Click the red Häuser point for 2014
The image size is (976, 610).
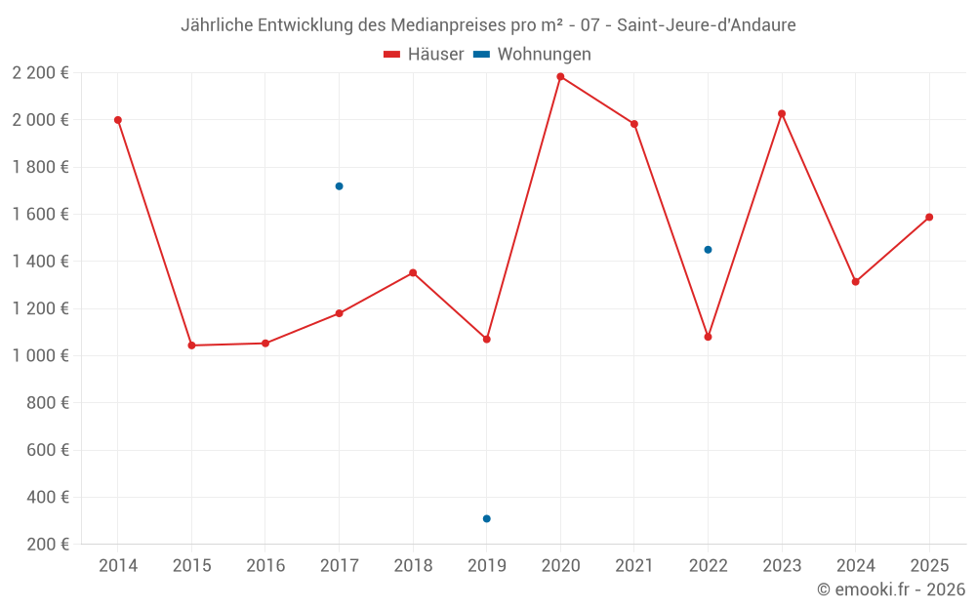pos(118,120)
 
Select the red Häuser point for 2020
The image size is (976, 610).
pos(560,76)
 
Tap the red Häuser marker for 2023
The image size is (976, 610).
pos(782,113)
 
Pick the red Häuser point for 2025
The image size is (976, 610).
pos(929,217)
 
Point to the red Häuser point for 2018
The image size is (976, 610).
pos(413,272)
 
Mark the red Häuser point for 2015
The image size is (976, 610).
pos(191,346)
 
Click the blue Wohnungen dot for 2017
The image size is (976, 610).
pos(339,186)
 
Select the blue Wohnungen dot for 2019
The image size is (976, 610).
pos(486,518)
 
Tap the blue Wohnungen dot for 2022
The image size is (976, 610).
pos(708,250)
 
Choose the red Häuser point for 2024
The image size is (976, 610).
pos(855,282)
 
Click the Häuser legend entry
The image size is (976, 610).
pos(425,55)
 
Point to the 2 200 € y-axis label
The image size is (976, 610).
pos(40,72)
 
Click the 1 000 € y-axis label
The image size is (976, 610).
pos(40,355)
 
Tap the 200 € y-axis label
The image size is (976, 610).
pos(48,545)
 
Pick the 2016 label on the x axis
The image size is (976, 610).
pos(265,566)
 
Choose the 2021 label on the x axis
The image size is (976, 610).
pos(634,566)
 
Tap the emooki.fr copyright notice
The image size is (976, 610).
pos(891,590)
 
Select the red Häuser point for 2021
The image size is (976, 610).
pos(634,124)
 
